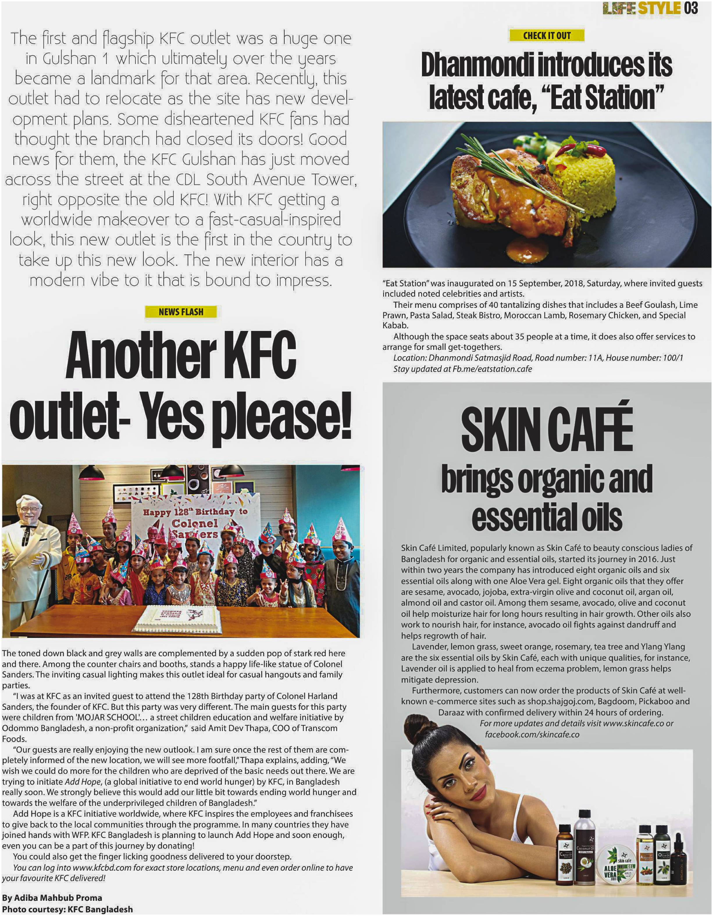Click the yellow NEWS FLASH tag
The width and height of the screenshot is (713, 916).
181,312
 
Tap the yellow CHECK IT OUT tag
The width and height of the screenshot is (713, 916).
546,36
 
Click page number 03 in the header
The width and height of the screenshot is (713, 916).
691,8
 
